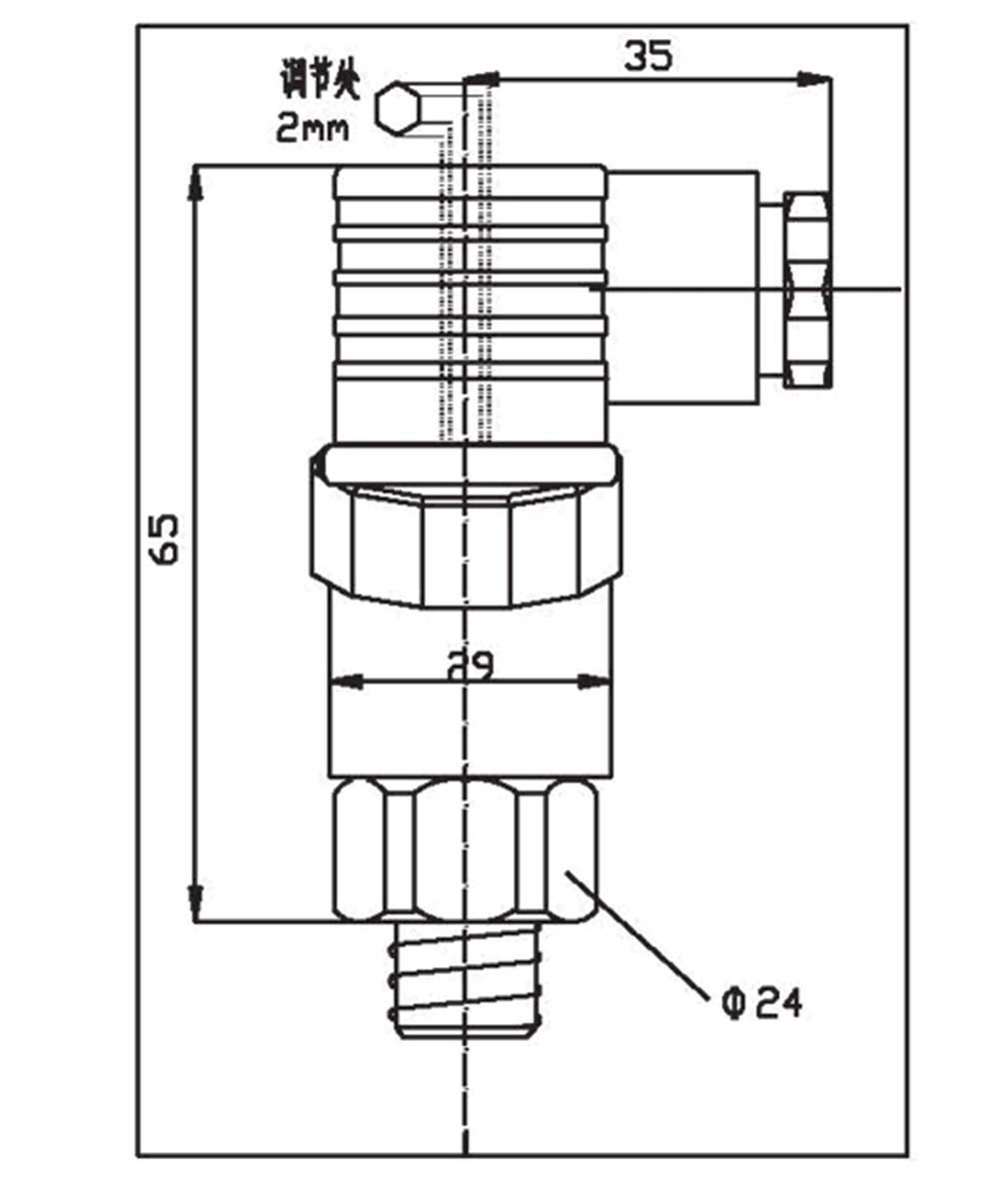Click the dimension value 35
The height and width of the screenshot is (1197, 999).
coord(649,55)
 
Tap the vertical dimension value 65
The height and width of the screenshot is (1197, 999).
coord(165,540)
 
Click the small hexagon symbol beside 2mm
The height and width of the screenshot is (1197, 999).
coord(399,108)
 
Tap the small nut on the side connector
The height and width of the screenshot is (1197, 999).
coord(807,289)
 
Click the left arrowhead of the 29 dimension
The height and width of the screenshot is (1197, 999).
coord(345,683)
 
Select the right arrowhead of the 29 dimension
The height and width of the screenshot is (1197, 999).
coord(595,683)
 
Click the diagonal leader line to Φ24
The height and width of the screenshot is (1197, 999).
coord(639,934)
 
